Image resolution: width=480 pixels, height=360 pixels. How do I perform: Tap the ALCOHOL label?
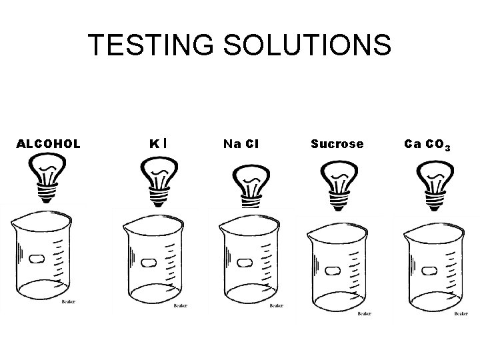48,143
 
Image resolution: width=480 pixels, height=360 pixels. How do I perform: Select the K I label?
158,143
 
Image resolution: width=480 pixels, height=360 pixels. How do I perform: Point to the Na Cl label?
241,143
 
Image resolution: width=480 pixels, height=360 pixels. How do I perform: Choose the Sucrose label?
337,143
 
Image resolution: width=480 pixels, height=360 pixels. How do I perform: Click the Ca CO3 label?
427,144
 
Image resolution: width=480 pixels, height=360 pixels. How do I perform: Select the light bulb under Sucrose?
340,181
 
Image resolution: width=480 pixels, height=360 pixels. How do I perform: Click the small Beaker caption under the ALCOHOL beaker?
69,301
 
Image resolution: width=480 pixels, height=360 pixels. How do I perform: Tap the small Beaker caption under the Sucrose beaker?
364,313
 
